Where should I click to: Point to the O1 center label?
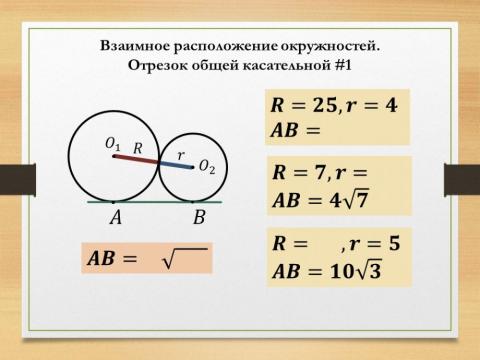pyautogui.click(x=114, y=145)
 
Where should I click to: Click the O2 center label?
pyautogui.click(x=206, y=167)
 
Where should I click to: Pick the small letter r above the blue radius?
pyautogui.click(x=180, y=154)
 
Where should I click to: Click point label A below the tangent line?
pyautogui.click(x=116, y=216)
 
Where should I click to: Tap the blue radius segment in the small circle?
pyautogui.click(x=177, y=165)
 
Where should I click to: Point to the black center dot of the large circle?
pyautogui.click(x=118, y=156)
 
